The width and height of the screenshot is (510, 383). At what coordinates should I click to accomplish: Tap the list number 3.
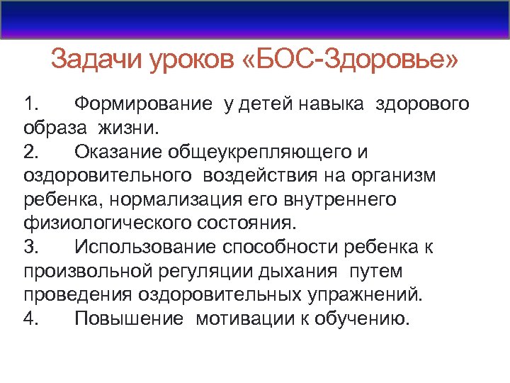31,248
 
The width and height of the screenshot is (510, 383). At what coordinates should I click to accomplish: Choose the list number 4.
31,318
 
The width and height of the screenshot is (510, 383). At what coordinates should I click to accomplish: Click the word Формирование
143,105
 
